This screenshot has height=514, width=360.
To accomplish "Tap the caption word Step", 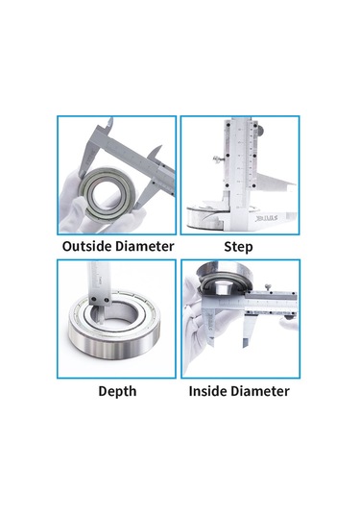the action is coord(238,247).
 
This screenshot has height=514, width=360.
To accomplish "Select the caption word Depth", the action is coord(117,391).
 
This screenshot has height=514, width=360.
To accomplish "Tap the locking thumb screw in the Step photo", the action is coord(218,159).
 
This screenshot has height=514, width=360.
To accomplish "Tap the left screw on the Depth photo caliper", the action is coord(94,299).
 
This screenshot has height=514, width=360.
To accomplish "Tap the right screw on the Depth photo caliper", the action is coord(107,300).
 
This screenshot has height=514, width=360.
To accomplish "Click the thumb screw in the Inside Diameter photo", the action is coord(269,287).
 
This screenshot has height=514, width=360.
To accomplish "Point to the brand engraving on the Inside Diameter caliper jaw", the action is coord(209,320).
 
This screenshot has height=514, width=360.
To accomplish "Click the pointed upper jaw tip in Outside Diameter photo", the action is coord(110,120).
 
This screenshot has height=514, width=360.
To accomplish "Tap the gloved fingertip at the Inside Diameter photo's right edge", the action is coord(289,323).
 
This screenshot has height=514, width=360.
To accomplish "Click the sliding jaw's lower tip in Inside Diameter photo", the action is coord(245,344).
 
